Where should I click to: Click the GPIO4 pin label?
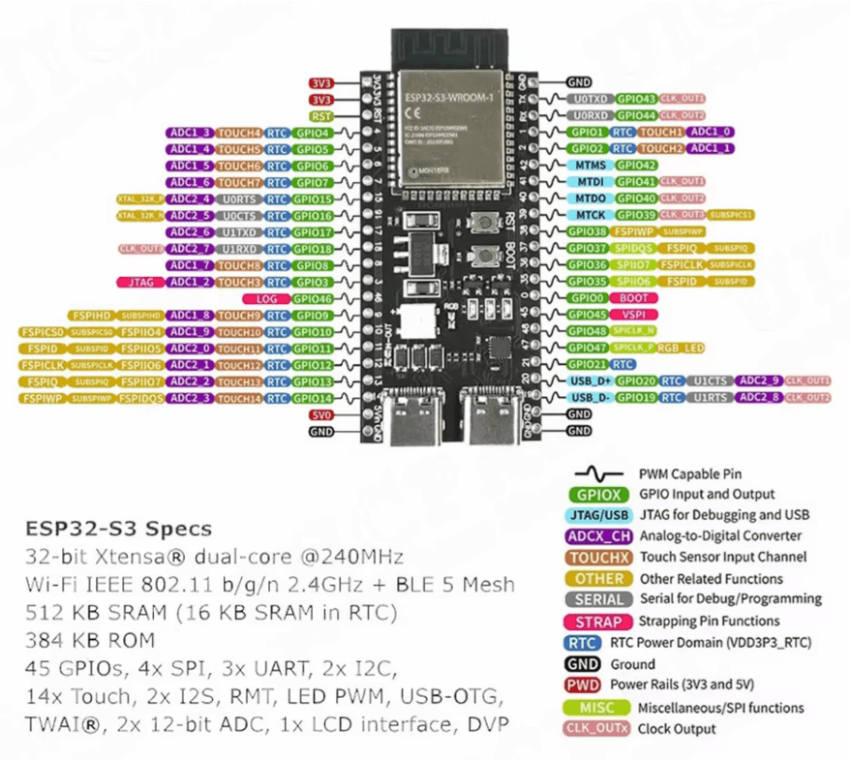click(313, 133)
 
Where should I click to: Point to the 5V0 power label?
click(320, 414)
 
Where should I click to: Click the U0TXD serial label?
click(591, 99)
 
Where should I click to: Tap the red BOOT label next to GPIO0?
click(634, 298)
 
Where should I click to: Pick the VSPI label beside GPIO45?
click(632, 315)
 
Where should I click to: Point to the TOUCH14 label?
click(238, 398)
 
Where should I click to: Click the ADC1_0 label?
click(713, 132)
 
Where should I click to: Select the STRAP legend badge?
click(599, 622)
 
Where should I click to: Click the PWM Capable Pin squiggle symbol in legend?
click(600, 473)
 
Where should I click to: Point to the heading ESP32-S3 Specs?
click(118, 530)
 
